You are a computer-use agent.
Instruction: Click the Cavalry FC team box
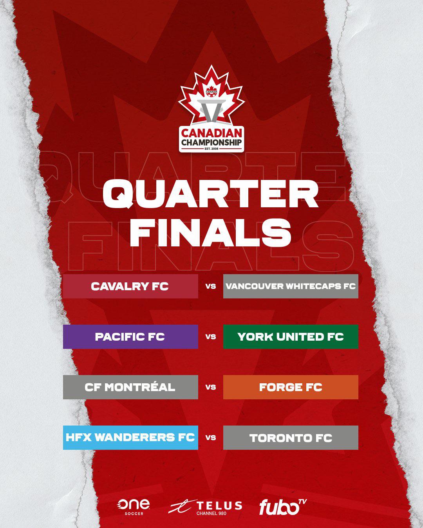[130, 286]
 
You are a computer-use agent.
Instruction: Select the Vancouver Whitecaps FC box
[291, 286]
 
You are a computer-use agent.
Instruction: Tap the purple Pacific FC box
[130, 337]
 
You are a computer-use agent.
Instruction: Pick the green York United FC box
[291, 337]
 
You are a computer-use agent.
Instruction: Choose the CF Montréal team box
[130, 387]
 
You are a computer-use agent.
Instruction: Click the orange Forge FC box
[291, 387]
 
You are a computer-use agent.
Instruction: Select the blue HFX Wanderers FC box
[130, 437]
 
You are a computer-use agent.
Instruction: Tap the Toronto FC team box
[291, 437]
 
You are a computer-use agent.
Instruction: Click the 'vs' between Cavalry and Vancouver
[211, 286]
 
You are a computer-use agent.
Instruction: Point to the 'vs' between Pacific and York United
[211, 337]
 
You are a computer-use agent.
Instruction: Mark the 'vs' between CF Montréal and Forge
[211, 387]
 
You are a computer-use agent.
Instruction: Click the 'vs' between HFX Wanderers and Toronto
[211, 437]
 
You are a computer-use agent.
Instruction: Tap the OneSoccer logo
[133, 507]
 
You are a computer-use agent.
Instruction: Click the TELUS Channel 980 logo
[206, 507]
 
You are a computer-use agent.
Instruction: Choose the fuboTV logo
[282, 507]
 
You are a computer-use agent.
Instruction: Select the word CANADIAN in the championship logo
[211, 133]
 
